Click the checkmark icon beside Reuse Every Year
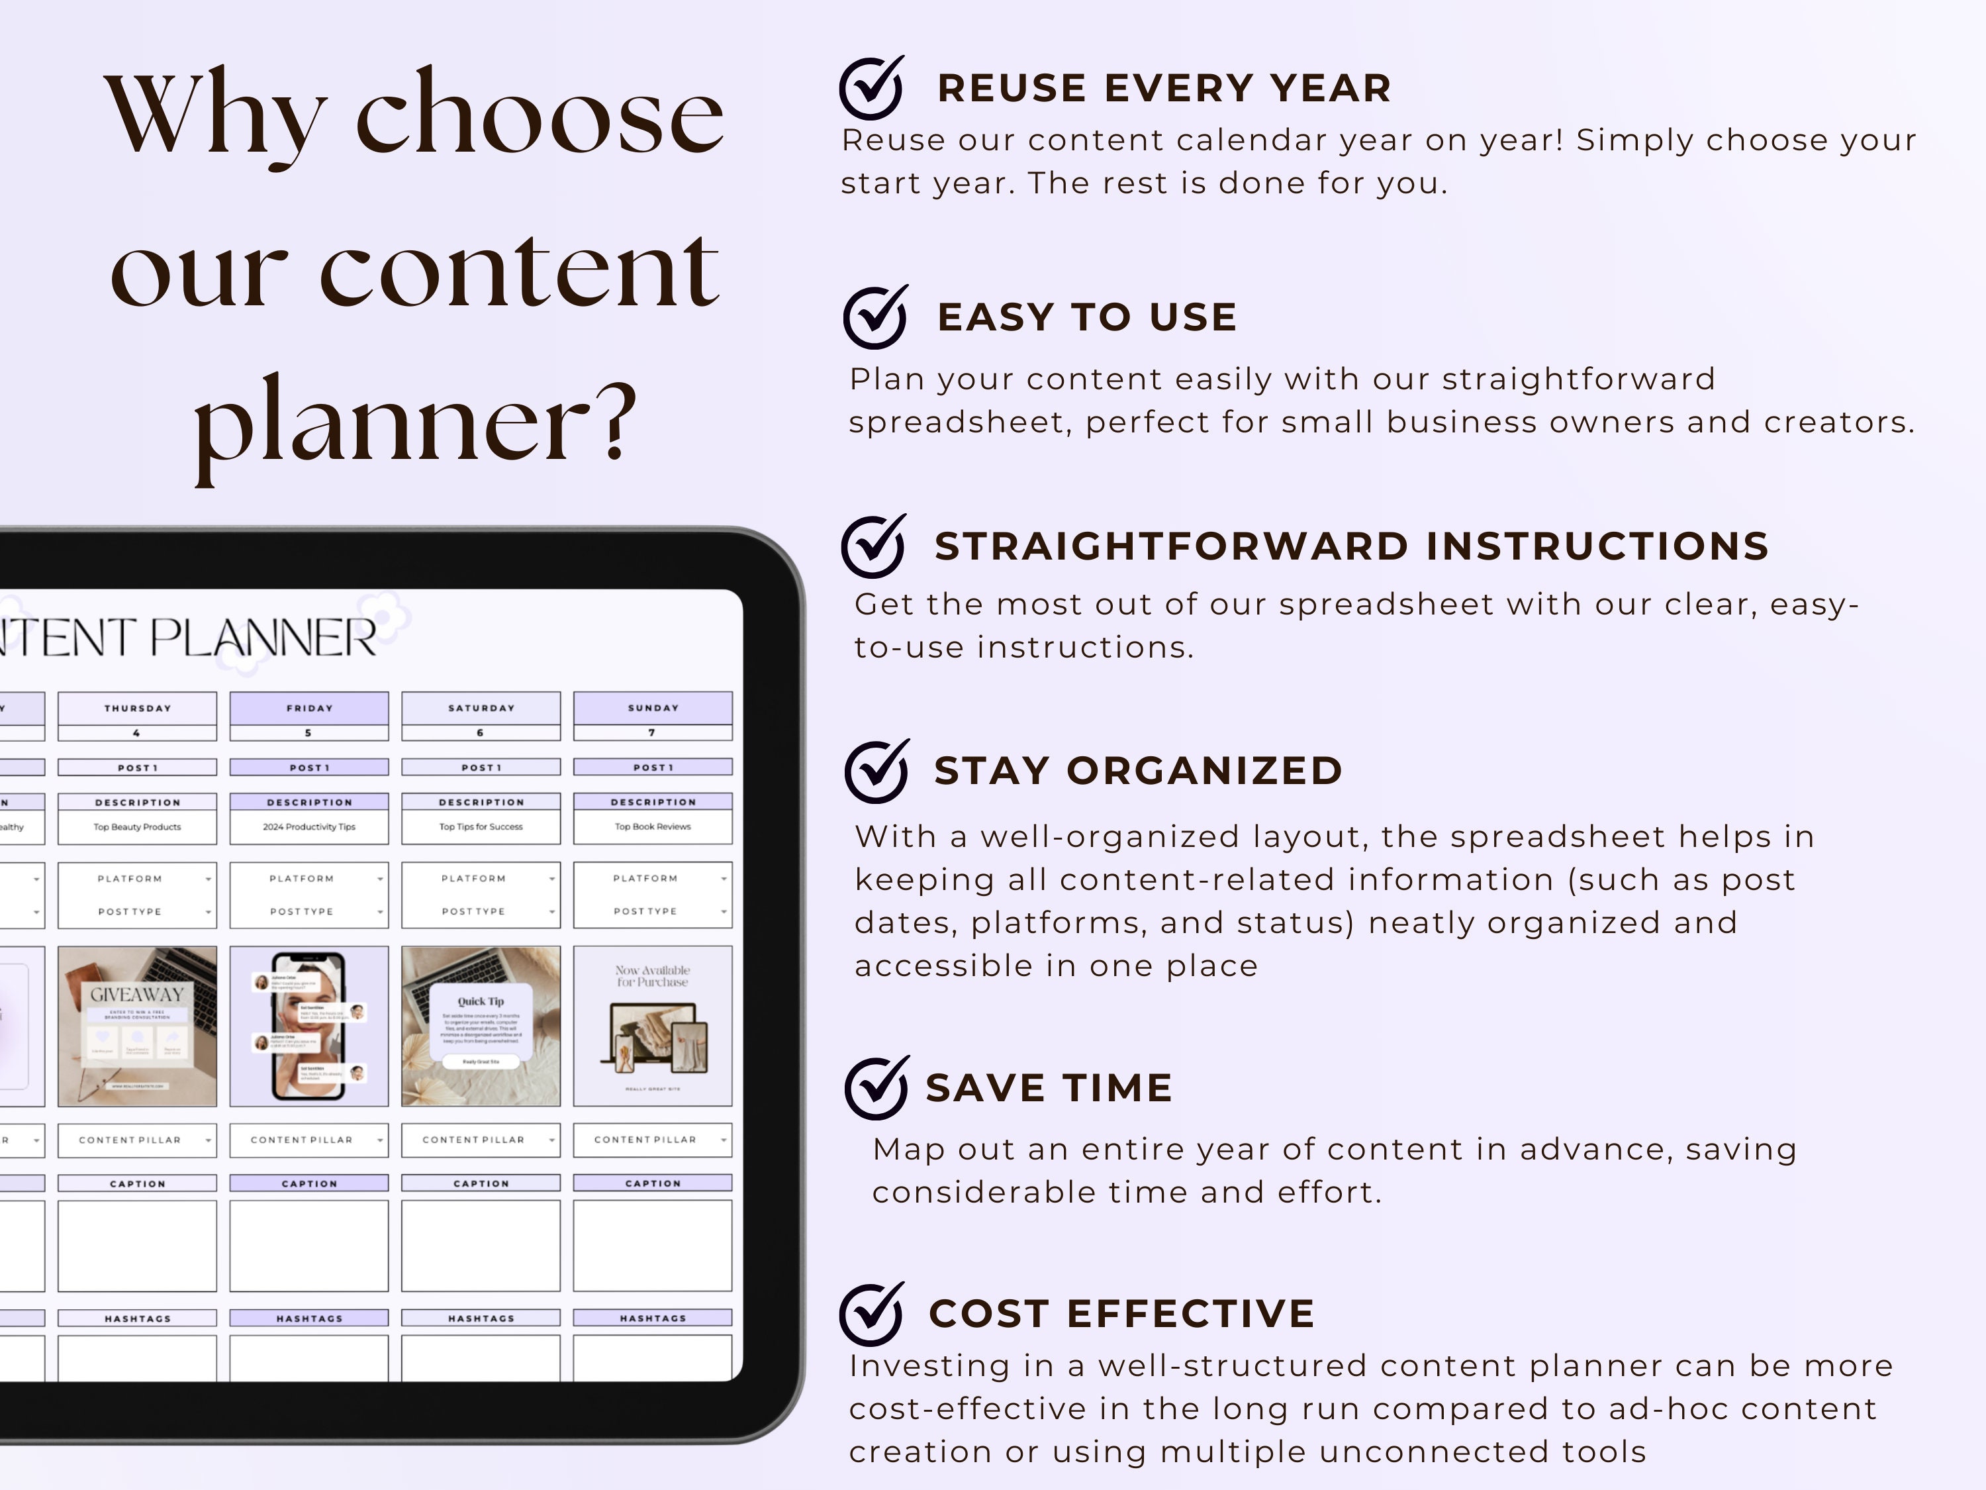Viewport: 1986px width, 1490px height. (x=871, y=88)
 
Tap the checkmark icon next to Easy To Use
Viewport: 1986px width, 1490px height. (x=875, y=317)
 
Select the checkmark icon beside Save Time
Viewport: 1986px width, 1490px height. (x=875, y=1087)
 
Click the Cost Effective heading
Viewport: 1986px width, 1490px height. (x=1121, y=1313)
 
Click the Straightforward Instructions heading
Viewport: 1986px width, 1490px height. (x=1351, y=546)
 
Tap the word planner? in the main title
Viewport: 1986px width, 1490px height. (x=416, y=422)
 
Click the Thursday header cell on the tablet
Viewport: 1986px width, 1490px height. (x=138, y=708)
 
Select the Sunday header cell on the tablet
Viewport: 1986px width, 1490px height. (x=653, y=708)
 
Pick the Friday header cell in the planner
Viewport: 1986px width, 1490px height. (x=309, y=708)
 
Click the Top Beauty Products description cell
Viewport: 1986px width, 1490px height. (x=138, y=826)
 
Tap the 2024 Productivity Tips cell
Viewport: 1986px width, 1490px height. (x=309, y=826)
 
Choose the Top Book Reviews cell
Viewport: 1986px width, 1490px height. (x=653, y=826)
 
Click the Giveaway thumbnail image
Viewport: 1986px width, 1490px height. (x=138, y=1026)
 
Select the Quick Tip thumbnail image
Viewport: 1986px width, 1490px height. (x=481, y=1026)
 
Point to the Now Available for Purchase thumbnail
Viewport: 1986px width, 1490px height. (x=653, y=1026)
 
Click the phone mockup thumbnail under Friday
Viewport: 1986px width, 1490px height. (x=309, y=1026)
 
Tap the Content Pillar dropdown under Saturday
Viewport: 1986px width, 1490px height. (x=481, y=1140)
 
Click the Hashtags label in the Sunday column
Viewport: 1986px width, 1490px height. (x=653, y=1318)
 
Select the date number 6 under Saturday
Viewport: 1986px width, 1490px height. (x=481, y=733)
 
